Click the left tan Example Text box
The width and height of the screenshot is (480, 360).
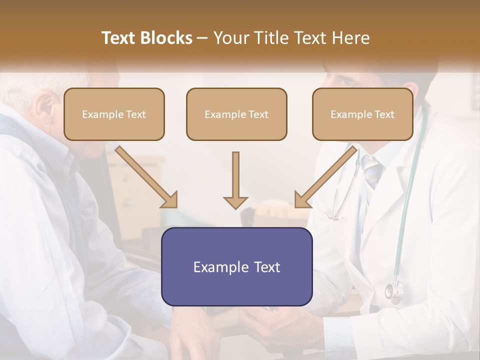tap(114, 114)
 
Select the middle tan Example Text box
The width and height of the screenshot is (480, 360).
tap(236, 114)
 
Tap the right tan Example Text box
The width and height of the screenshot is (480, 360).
tap(362, 114)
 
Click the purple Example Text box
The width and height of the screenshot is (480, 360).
tap(236, 267)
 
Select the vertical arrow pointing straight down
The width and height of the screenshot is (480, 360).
tap(235, 180)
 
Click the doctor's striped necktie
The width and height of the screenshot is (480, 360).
tap(371, 172)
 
